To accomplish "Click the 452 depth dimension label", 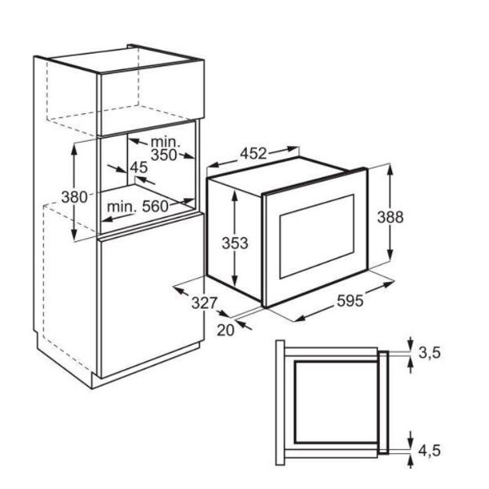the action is [253, 153].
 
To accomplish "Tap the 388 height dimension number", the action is [390, 217].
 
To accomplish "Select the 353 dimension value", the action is [235, 243].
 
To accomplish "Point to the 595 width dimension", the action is [350, 302].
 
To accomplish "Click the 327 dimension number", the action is [204, 302].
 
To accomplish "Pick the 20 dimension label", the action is [226, 330].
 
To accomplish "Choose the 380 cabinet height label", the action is [74, 197].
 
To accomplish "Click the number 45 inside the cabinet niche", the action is [139, 168].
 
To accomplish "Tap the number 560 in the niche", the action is [155, 206].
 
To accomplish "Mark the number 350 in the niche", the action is [164, 155].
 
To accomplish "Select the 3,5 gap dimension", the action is [430, 353].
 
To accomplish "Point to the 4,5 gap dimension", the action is [430, 451].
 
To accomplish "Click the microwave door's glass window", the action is [317, 236].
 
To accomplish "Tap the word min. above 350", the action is [165, 142].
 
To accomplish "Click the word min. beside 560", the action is [121, 206].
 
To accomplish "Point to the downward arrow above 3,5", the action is [411, 343].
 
